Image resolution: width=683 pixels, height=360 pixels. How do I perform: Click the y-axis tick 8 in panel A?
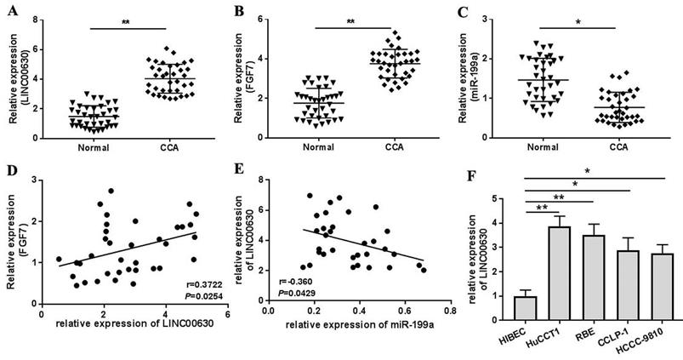tap(37, 20)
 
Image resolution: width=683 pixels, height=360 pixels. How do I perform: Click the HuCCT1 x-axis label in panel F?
tap(529, 332)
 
